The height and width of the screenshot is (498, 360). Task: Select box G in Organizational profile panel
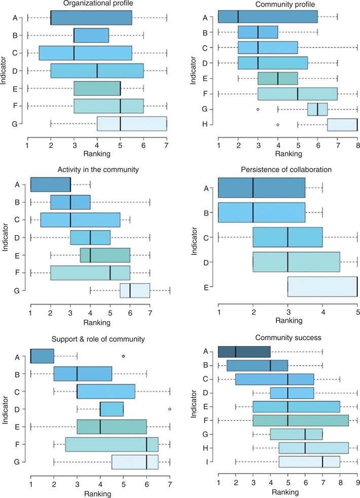pyautogui.click(x=132, y=124)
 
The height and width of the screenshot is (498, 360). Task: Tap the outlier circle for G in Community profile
pyautogui.click(x=258, y=109)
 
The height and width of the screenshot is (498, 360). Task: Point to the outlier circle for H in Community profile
pyautogui.click(x=278, y=124)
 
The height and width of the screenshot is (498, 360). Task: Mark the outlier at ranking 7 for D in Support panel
pyautogui.click(x=170, y=408)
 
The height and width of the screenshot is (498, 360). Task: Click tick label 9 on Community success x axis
pyautogui.click(x=357, y=483)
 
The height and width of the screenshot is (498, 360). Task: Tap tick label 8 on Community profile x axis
pyautogui.click(x=357, y=146)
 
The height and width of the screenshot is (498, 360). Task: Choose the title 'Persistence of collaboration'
pyautogui.click(x=288, y=169)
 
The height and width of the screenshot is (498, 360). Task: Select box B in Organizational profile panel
pyautogui.click(x=91, y=35)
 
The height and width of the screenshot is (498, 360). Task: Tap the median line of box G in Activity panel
pyautogui.click(x=130, y=290)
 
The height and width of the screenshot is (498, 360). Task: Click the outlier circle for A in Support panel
pyautogui.click(x=124, y=356)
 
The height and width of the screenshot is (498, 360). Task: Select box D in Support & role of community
pyautogui.click(x=112, y=408)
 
